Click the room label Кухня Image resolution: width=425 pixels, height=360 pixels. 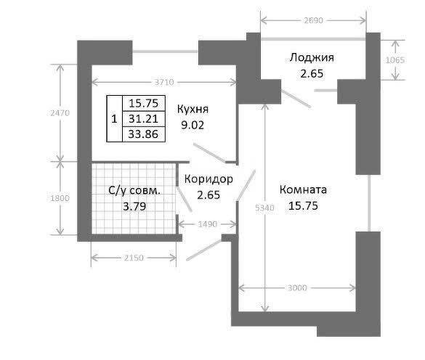click(193, 109)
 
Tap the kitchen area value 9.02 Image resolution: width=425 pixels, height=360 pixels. click(193, 125)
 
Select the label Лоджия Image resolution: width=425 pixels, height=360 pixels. click(312, 57)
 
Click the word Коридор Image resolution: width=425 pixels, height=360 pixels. click(209, 179)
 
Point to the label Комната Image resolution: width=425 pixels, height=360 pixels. click(303, 189)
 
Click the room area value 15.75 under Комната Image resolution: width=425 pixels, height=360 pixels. click(303, 206)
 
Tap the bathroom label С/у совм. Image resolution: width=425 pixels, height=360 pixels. click(134, 190)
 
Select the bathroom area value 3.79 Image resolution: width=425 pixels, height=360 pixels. click(134, 207)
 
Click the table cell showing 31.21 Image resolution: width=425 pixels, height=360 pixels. click(143, 118)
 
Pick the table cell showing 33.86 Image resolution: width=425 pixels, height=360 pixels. click(143, 134)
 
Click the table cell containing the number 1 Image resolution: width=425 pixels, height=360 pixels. click(114, 118)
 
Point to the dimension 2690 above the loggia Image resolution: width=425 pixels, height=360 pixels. click(313, 20)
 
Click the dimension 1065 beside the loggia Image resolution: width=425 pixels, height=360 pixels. click(395, 60)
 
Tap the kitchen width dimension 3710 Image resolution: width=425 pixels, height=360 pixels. click(164, 82)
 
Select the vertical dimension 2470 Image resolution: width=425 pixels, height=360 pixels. click(60, 112)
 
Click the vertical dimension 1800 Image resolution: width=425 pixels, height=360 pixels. click(60, 198)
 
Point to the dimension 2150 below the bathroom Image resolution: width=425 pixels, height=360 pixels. click(134, 258)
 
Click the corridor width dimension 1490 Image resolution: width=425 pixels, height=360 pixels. click(208, 224)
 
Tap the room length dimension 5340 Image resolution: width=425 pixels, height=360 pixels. click(265, 208)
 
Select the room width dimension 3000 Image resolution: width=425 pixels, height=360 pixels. click(297, 287)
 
